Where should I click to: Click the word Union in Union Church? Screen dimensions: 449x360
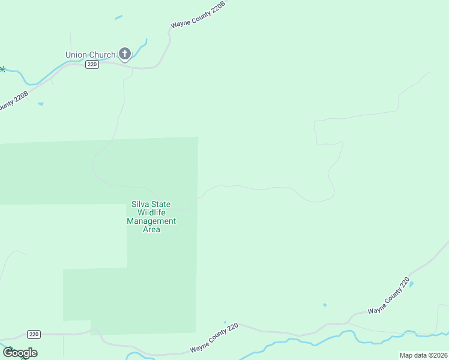point(77,55)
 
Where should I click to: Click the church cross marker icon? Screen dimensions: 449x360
point(125,54)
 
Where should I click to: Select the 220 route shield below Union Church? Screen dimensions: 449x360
point(92,65)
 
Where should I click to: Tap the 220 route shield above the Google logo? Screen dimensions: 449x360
point(34,334)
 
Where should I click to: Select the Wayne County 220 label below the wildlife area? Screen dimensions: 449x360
point(214,338)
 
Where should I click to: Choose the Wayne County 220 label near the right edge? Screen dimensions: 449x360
point(388,296)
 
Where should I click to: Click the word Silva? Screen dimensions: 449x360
point(142,204)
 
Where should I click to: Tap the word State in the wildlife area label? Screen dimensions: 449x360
point(161,204)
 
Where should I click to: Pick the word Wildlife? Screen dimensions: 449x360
point(151,212)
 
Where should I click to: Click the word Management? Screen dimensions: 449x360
point(151,221)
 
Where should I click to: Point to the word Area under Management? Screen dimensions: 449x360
point(151,229)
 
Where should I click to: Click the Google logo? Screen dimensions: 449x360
point(20,353)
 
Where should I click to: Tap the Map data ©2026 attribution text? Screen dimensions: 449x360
point(423,355)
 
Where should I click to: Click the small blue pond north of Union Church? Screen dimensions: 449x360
point(119,17)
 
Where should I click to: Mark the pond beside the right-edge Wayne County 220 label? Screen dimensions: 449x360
point(411,284)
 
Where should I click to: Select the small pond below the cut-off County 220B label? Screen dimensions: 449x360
point(40,104)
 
